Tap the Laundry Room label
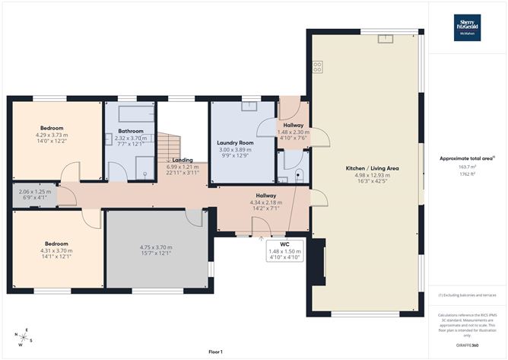234,142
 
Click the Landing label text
182,159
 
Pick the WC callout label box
284,250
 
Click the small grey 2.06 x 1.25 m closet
35,196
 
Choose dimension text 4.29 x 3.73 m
52,135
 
